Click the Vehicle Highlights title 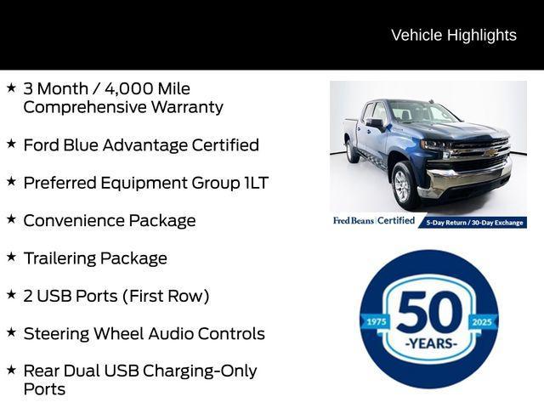coord(453,35)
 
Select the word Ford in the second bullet coord(42,144)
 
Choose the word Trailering coord(59,258)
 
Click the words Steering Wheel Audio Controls coord(144,333)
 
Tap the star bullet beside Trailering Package coord(11,256)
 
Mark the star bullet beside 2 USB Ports coord(11,293)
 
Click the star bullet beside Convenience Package coord(11,218)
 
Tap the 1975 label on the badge coord(374,321)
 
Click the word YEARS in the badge coord(429,343)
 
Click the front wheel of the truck coord(404,185)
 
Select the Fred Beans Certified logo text coord(373,221)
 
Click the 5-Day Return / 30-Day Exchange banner coord(474,222)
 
